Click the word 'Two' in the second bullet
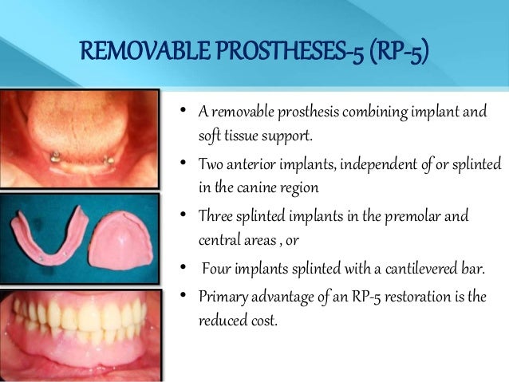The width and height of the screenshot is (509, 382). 211,164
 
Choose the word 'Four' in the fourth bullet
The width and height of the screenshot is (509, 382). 218,270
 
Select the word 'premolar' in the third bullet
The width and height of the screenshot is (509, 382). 408,217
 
